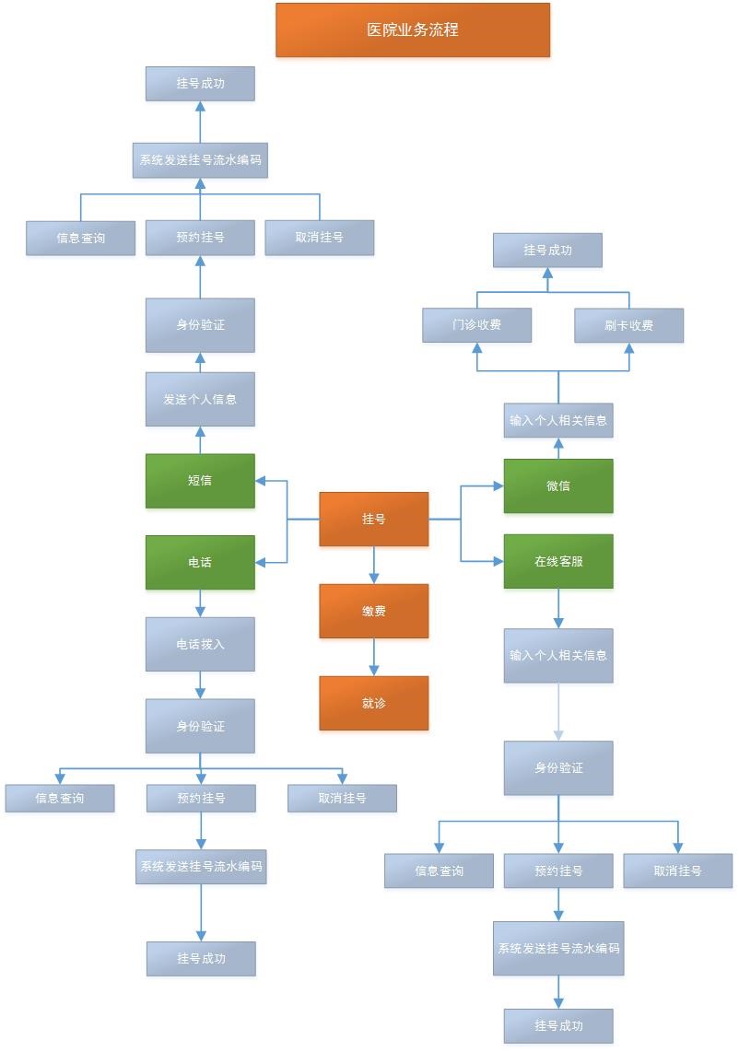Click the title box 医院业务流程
pyautogui.click(x=413, y=29)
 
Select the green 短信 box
pyautogui.click(x=200, y=480)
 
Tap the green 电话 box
pyautogui.click(x=200, y=562)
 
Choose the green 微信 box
pyautogui.click(x=558, y=485)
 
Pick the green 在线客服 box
pyautogui.click(x=558, y=561)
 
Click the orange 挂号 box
pyautogui.click(x=374, y=519)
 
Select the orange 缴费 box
pyautogui.click(x=374, y=611)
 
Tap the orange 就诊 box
pyautogui.click(x=374, y=703)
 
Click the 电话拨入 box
pyautogui.click(x=200, y=644)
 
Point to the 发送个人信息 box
pyautogui.click(x=200, y=399)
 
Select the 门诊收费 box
pyautogui.click(x=477, y=325)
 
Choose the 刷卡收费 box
pyautogui.click(x=629, y=325)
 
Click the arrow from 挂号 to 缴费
pyautogui.click(x=374, y=566)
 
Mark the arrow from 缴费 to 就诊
pyautogui.click(x=374, y=658)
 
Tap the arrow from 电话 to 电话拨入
pyautogui.click(x=200, y=603)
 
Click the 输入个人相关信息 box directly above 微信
pyautogui.click(x=558, y=420)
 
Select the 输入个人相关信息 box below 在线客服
pyautogui.click(x=558, y=656)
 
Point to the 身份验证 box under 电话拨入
pyautogui.click(x=200, y=726)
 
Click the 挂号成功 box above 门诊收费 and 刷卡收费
pyautogui.click(x=547, y=250)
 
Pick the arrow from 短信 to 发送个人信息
pyautogui.click(x=200, y=439)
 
